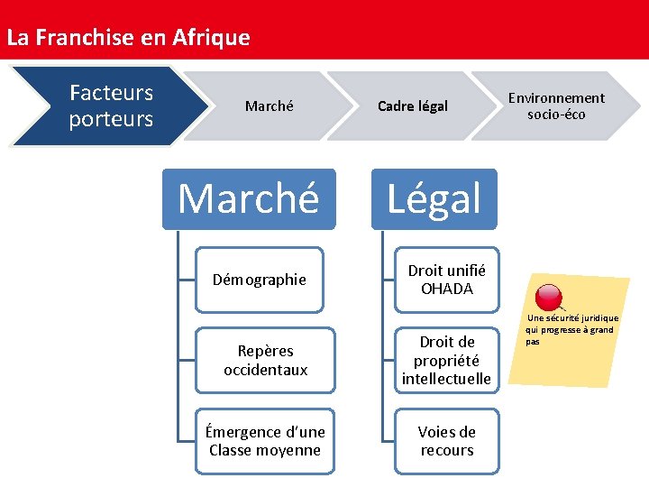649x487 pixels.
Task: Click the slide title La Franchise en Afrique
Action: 128,38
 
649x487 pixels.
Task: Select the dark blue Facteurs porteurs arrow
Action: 110,106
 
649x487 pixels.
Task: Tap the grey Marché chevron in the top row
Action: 269,106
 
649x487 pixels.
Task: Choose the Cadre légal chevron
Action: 412,106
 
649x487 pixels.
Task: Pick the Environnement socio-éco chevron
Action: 556,106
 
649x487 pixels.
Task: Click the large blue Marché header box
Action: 248,198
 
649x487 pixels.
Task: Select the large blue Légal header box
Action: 434,198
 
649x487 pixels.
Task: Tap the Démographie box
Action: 260,280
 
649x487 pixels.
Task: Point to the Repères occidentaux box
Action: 265,361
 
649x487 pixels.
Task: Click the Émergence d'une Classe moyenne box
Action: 265,441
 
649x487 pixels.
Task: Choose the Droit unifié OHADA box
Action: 446,280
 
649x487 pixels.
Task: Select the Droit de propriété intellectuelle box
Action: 446,361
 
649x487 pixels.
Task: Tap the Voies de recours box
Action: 446,441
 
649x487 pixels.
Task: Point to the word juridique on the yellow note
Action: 600,318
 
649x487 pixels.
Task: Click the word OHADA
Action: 446,289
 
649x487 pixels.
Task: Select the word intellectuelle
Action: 446,379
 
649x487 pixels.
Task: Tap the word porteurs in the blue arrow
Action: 111,119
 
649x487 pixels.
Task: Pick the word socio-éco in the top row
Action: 556,115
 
